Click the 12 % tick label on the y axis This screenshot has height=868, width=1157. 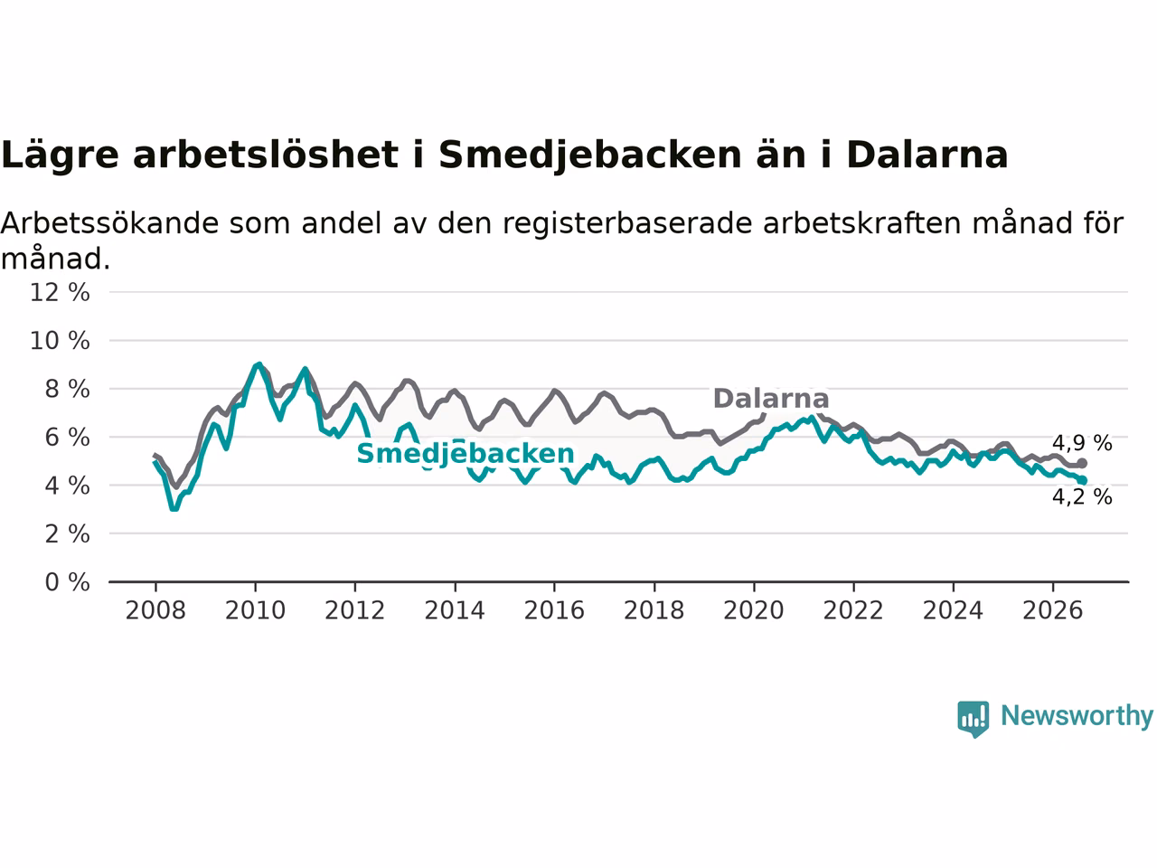60,292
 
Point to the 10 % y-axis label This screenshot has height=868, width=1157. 60,341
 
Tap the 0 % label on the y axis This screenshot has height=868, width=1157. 68,582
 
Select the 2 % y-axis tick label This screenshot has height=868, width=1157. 68,534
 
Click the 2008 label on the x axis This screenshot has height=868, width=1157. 155,611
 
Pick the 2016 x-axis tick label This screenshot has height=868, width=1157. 554,611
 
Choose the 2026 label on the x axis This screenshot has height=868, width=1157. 1053,611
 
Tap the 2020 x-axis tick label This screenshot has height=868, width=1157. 754,611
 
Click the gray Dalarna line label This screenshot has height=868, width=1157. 771,399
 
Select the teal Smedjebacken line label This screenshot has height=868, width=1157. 466,454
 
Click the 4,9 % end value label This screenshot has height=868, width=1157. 1082,443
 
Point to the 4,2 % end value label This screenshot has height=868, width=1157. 1082,497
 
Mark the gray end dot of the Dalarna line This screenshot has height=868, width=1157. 1082,463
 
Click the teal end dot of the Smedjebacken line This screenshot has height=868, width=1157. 1082,480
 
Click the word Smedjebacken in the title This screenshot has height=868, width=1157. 590,156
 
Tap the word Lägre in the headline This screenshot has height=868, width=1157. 60,156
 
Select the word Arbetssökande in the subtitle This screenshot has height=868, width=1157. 109,223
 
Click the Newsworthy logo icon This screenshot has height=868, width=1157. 973,718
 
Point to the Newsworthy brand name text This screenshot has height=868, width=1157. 1077,716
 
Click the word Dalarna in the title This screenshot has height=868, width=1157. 927,156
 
